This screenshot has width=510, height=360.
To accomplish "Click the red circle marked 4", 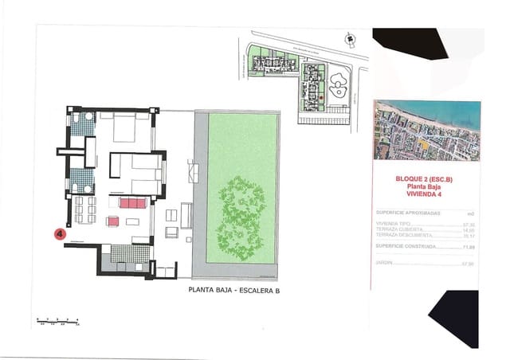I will click(x=59, y=234).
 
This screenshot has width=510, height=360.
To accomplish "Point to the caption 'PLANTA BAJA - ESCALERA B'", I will click(x=234, y=291).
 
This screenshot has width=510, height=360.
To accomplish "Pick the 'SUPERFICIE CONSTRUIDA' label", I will click(x=403, y=248).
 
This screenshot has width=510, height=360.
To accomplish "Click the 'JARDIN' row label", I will click(x=384, y=264).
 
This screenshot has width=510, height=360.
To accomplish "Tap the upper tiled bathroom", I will click(x=81, y=124).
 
